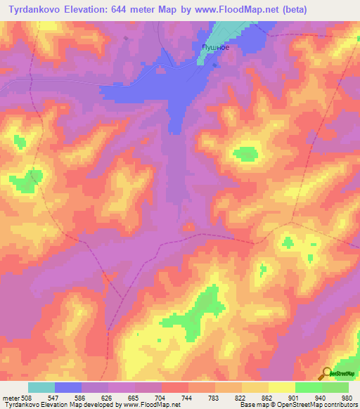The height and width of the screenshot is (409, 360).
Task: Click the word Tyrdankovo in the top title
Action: point(34,9)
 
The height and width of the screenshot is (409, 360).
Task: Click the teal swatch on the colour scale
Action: point(41,387)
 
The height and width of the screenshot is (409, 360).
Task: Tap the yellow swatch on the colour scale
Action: point(281,387)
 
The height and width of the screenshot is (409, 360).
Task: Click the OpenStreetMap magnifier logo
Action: point(327,374)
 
